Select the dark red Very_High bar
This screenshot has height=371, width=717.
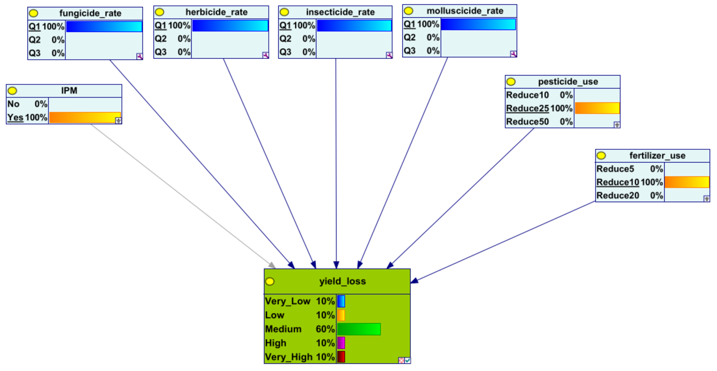[341, 357]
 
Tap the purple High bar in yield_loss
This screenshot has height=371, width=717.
[341, 343]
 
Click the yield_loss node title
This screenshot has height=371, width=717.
[342, 281]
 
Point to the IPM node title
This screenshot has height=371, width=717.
[69, 91]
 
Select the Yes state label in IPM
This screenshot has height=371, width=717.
[15, 117]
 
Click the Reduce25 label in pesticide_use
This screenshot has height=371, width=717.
[527, 108]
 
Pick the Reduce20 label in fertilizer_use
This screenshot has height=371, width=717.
[618, 196]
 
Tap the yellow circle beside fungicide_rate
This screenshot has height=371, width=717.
[34, 13]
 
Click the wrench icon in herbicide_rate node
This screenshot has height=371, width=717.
[266, 55]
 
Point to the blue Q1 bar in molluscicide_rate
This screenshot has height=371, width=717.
[478, 24]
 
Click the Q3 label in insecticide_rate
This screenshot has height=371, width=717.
[285, 52]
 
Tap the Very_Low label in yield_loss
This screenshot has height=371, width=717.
[288, 301]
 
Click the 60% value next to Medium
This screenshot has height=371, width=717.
[325, 329]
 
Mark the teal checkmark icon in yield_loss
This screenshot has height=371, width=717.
[407, 360]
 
